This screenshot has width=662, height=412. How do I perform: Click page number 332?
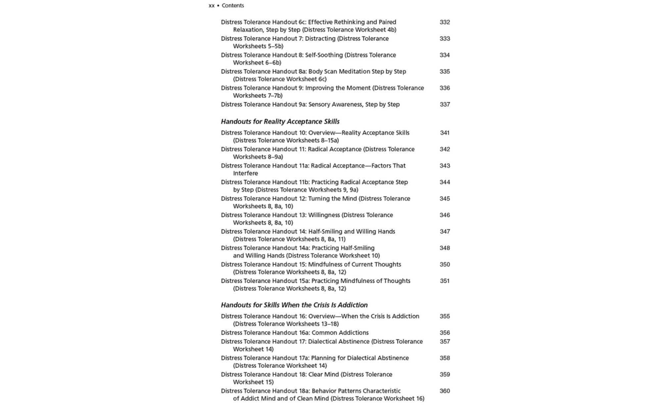coord(445,22)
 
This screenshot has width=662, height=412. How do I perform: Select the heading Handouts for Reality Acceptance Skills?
coord(280,121)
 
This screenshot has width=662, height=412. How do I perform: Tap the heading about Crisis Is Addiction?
coord(294,305)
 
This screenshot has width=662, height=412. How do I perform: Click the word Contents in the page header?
coord(233,5)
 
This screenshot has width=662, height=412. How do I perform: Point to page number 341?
coord(445,133)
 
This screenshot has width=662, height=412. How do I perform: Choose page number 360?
coord(445,391)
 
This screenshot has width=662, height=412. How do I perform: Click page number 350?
coord(445,264)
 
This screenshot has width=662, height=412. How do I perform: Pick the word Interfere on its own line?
coord(245,173)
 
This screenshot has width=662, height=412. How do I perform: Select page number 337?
coord(445,105)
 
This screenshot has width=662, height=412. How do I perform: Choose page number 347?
coord(445,232)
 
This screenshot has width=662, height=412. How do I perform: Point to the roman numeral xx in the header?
coord(212,5)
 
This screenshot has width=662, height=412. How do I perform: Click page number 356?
coord(445,333)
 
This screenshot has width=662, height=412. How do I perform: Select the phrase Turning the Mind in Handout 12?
coord(332,199)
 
